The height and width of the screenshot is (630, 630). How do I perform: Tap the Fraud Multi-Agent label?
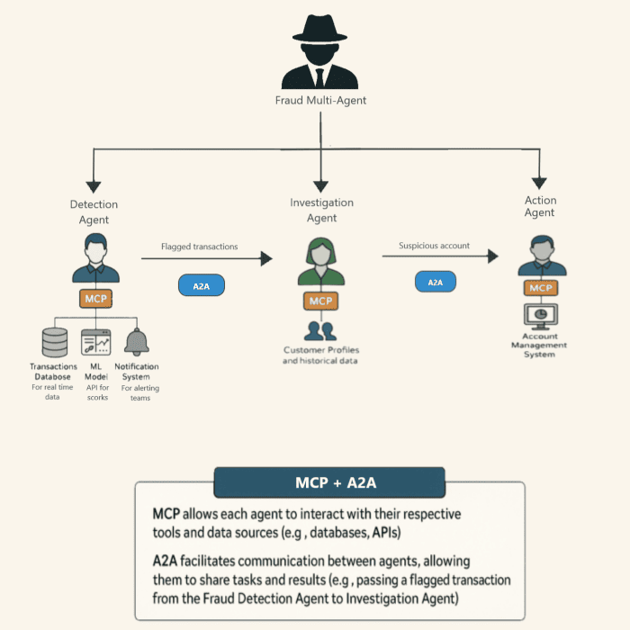pyautogui.click(x=320, y=101)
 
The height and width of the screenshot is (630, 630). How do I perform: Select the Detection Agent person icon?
pyautogui.click(x=94, y=260)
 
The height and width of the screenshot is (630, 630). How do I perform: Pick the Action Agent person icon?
pyautogui.click(x=542, y=256)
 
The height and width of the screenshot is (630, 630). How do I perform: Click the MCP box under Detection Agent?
pyautogui.click(x=94, y=298)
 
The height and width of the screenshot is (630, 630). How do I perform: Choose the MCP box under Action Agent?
pyautogui.click(x=541, y=288)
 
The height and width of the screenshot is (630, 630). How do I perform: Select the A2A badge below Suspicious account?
pyautogui.click(x=435, y=282)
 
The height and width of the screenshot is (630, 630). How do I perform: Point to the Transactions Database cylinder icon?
pyautogui.click(x=55, y=343)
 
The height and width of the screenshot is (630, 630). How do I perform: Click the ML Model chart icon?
pyautogui.click(x=95, y=342)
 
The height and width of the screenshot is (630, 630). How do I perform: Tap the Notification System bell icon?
pyautogui.click(x=137, y=342)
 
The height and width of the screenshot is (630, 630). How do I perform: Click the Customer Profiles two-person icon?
pyautogui.click(x=320, y=330)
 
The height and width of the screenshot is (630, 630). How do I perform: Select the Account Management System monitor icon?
pyautogui.click(x=541, y=316)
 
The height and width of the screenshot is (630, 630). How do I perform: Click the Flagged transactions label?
pyautogui.click(x=199, y=246)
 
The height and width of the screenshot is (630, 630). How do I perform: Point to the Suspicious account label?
pyautogui.click(x=434, y=245)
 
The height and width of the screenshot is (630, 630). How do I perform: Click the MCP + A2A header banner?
pyautogui.click(x=329, y=482)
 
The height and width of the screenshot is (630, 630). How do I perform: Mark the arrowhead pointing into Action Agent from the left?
pyautogui.click(x=492, y=256)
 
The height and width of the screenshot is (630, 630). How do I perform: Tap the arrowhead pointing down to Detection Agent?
pyautogui.click(x=94, y=181)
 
